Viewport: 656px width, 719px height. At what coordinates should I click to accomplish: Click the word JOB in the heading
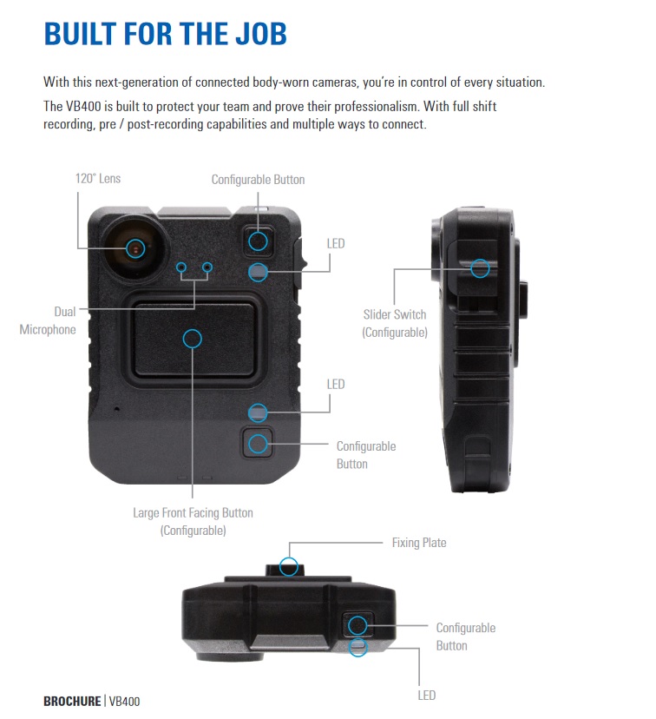click(260, 34)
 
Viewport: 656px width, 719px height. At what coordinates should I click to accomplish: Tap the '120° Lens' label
click(98, 178)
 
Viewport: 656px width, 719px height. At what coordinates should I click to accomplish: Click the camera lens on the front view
click(135, 248)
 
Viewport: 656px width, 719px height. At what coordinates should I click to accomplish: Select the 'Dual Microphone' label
click(48, 320)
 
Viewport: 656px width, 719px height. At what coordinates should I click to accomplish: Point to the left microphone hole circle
click(181, 267)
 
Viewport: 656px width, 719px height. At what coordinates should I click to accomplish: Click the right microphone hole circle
click(207, 267)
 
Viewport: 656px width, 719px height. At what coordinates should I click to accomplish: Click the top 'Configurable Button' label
click(258, 179)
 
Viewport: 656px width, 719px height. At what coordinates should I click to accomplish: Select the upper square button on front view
click(258, 241)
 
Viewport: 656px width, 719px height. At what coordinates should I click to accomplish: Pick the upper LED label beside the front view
click(336, 243)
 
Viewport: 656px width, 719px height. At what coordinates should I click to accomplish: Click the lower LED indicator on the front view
click(258, 412)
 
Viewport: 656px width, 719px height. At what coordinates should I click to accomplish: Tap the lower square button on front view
click(258, 444)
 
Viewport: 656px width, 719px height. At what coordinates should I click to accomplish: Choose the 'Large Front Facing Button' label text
click(193, 512)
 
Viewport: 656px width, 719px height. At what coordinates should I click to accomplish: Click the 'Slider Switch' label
click(395, 314)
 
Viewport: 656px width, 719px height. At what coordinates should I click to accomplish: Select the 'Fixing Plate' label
click(419, 543)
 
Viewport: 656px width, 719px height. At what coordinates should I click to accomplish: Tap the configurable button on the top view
click(358, 625)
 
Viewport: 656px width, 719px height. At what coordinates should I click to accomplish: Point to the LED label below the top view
click(427, 696)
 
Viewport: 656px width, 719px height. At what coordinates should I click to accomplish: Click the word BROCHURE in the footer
click(72, 701)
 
